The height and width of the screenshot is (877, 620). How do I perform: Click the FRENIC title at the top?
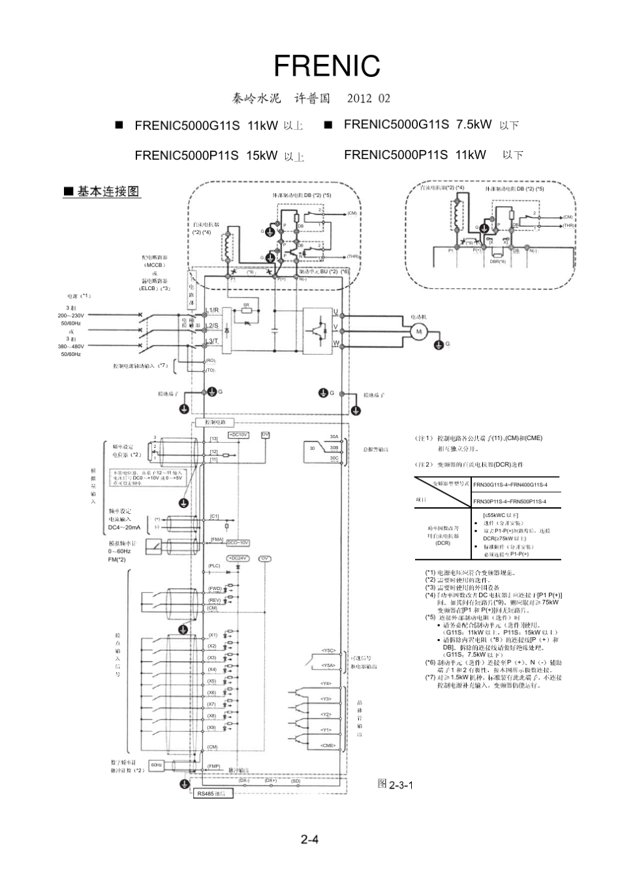coord(326,66)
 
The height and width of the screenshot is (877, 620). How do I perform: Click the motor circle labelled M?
coord(419,331)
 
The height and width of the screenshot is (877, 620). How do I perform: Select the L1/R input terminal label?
coord(212,310)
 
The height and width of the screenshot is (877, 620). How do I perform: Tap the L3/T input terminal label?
coord(212,341)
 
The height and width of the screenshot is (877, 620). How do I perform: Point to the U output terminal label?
coord(336,312)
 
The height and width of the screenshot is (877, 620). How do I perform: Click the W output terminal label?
coord(336,343)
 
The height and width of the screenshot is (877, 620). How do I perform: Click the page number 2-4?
coord(309,839)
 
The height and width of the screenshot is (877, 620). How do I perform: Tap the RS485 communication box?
coord(215,794)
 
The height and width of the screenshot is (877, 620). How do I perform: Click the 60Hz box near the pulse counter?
coord(157,765)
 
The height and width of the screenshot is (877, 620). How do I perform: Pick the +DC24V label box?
coord(238,558)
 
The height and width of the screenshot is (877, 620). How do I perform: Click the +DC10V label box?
coord(238,434)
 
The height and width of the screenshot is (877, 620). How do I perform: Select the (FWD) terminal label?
coord(214,588)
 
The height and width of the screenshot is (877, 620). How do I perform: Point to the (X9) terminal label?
coord(212,727)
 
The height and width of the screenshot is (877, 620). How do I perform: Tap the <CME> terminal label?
coord(327,745)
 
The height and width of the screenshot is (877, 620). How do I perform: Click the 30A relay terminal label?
coord(333,437)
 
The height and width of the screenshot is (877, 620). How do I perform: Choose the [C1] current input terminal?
coord(214,516)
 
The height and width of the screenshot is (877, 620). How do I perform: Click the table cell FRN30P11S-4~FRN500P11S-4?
coord(509,501)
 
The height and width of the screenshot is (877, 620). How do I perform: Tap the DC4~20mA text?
coord(124,527)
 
